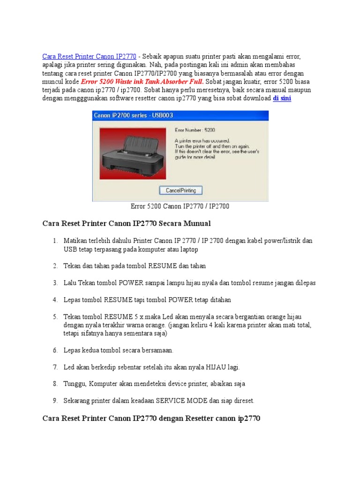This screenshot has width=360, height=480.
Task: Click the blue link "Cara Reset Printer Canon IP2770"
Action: click(x=89, y=56)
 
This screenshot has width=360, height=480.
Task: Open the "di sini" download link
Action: click(x=282, y=98)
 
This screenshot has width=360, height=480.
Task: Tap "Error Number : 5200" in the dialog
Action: click(x=195, y=129)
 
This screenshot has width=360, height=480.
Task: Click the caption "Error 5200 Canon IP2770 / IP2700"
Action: click(x=180, y=206)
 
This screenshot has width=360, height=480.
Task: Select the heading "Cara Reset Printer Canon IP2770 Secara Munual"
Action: click(x=127, y=223)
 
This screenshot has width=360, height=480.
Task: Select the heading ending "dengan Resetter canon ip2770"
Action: click(x=151, y=417)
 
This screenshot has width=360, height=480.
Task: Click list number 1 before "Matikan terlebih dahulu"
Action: click(x=55, y=240)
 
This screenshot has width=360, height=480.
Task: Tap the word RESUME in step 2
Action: click(x=163, y=266)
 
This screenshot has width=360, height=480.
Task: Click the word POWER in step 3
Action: click(x=127, y=283)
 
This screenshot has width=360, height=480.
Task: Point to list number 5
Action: click(x=55, y=316)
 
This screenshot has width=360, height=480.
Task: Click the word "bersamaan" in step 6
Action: click(x=158, y=350)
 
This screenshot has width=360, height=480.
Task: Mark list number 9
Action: click(x=55, y=401)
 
